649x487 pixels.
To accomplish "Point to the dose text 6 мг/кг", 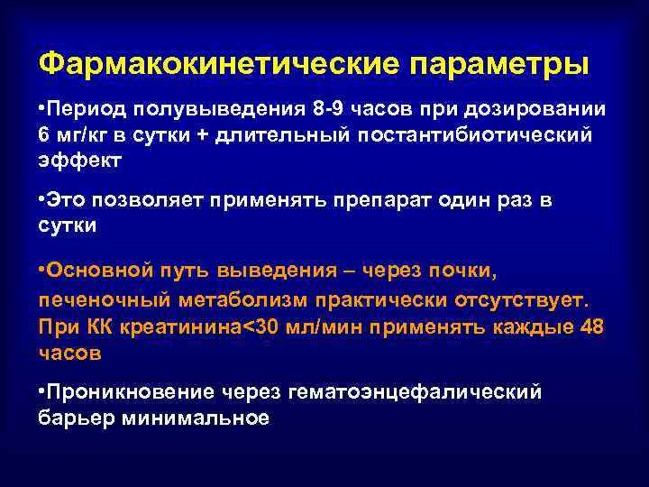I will [x=76, y=134].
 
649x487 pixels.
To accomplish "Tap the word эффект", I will [x=79, y=160].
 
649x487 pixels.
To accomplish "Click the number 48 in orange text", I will [x=593, y=326].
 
